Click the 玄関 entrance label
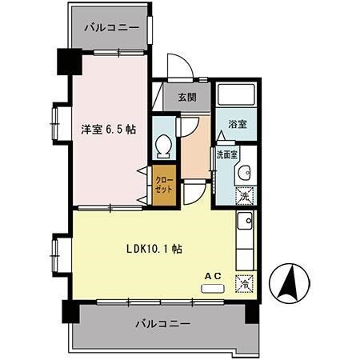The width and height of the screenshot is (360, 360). tap(186, 98)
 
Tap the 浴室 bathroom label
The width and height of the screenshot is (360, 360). tap(237, 126)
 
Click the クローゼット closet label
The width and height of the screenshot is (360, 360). tap(163, 186)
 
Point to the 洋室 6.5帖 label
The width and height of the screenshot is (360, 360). tap(106, 129)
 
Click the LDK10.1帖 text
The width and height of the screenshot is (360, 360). tap(154, 249)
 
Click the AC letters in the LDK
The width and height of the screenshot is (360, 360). tap(212, 276)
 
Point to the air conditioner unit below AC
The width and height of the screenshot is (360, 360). tap(212, 286)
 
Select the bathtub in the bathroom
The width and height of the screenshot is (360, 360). tap(237, 98)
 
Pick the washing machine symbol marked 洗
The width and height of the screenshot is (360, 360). tap(246, 194)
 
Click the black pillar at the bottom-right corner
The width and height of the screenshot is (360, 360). tap(252, 310)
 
